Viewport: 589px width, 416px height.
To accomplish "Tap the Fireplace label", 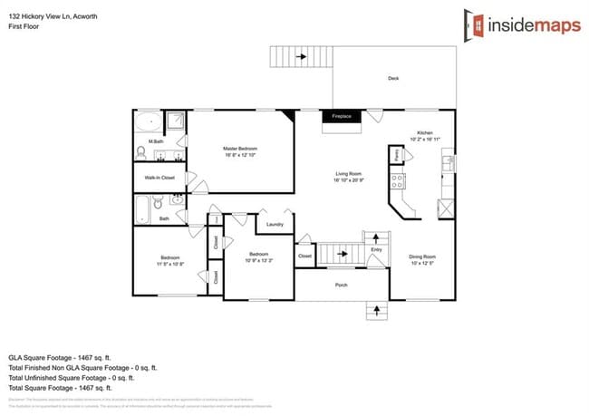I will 341,116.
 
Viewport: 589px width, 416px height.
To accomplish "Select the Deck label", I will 393,78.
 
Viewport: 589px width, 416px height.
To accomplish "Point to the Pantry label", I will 397,157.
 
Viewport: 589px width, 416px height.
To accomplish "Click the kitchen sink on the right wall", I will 447,162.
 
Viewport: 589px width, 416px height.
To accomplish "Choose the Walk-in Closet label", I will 159,178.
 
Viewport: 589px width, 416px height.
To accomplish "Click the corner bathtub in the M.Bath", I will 149,122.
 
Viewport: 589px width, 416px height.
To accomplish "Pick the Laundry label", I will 275,224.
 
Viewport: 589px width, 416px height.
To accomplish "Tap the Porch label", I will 341,284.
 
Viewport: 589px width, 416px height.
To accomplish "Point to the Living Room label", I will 348,179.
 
